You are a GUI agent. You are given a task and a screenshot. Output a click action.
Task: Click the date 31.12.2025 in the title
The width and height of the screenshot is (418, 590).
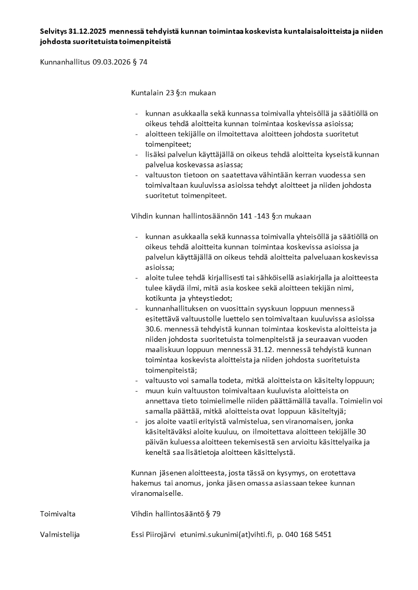pos(90,32)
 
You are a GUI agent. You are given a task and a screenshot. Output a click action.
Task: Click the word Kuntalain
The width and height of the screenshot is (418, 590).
pos(146,93)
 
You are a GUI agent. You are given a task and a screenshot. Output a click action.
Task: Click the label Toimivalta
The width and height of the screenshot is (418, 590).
pos(58,513)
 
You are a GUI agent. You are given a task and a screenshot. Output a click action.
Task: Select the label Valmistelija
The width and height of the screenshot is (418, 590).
pos(59,534)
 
